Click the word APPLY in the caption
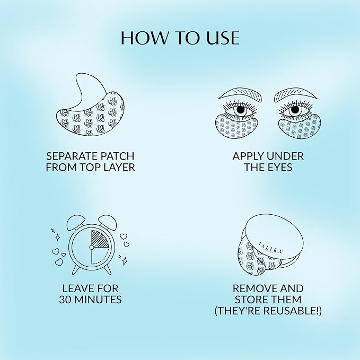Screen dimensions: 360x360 (x=248, y=156)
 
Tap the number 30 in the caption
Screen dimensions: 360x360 (x=66, y=300)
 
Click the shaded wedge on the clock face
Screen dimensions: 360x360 (x=100, y=239)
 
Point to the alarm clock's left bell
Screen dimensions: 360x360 (x=75, y=222)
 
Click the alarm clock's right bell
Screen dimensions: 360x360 (x=108, y=222)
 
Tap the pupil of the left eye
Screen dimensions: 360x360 (x=240, y=110)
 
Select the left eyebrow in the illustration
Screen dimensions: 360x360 (x=240, y=94)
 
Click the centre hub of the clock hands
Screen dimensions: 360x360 (x=91, y=247)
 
